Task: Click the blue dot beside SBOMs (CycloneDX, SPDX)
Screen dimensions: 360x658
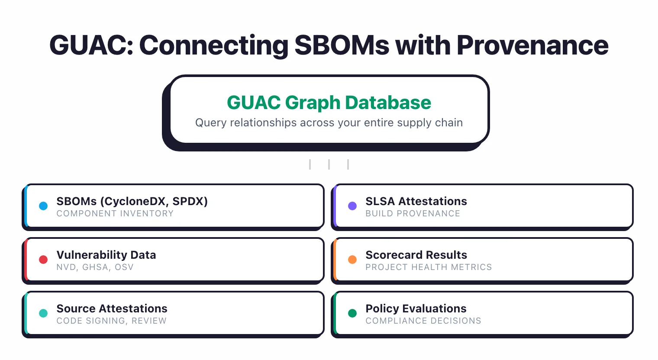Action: point(43,206)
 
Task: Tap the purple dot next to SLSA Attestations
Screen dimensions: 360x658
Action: point(352,206)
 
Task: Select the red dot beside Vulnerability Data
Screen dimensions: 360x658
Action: point(43,260)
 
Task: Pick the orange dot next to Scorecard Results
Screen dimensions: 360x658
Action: point(352,260)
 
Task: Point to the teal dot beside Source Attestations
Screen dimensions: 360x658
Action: point(43,313)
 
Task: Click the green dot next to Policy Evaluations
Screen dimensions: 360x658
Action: point(352,313)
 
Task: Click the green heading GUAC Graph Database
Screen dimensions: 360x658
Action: point(329,103)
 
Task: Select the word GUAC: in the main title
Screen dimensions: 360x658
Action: point(91,45)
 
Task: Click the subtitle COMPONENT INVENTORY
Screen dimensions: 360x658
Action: point(115,214)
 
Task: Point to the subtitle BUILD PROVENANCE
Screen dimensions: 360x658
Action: point(413,214)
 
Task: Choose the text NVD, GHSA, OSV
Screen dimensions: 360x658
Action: point(95,267)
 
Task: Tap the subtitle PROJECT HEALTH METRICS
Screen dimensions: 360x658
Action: point(429,267)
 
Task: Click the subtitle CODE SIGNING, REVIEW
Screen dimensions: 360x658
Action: point(111,321)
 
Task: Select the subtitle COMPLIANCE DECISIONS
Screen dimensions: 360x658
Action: point(423,321)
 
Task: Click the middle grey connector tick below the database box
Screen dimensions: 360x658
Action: point(329,164)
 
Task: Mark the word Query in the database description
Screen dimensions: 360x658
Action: point(211,123)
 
